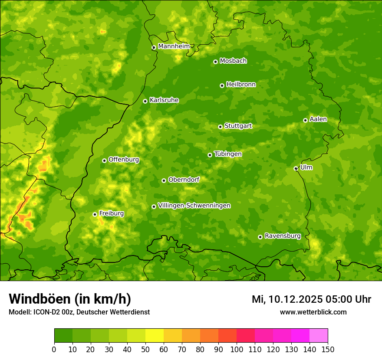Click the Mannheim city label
[174, 46]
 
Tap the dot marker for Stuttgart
[220, 127]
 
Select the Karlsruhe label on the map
[164, 100]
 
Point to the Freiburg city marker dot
[95, 214]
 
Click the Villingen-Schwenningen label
[194, 206]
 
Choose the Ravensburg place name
[283, 236]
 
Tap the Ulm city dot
[296, 168]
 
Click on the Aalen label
[318, 119]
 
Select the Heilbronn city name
[241, 85]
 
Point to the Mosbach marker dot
[215, 62]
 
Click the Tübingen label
[228, 154]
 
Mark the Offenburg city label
[124, 160]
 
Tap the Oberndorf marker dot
[164, 180]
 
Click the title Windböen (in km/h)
[70, 299]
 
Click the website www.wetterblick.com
[313, 312]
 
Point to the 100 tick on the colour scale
[237, 349]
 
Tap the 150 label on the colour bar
[328, 349]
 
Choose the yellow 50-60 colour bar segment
[155, 336]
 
